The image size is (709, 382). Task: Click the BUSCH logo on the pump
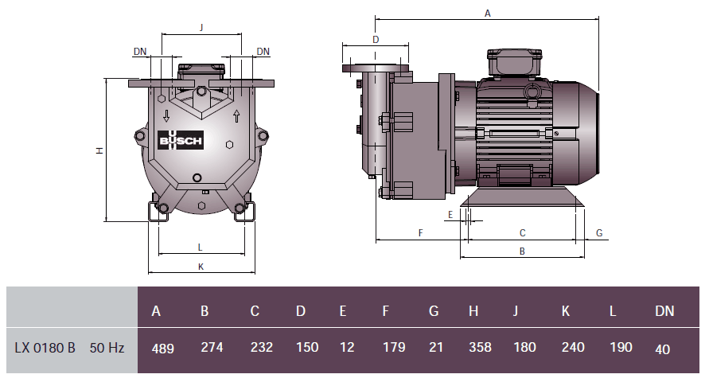(x=182, y=140)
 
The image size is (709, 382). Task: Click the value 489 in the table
(x=162, y=348)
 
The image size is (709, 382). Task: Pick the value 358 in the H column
(x=480, y=348)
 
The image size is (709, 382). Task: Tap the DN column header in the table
(x=664, y=311)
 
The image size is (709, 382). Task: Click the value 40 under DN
(x=663, y=349)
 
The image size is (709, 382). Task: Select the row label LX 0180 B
(x=45, y=348)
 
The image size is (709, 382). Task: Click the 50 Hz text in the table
(x=107, y=348)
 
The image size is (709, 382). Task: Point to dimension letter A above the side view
(x=488, y=13)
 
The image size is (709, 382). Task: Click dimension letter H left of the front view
(x=99, y=150)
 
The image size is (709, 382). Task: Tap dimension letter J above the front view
(x=201, y=27)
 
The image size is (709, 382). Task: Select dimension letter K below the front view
(x=201, y=267)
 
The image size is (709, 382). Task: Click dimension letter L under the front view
(x=201, y=247)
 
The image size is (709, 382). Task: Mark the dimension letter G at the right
(x=599, y=233)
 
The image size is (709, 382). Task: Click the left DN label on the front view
(x=140, y=52)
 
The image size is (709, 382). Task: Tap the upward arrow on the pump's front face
(x=236, y=117)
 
